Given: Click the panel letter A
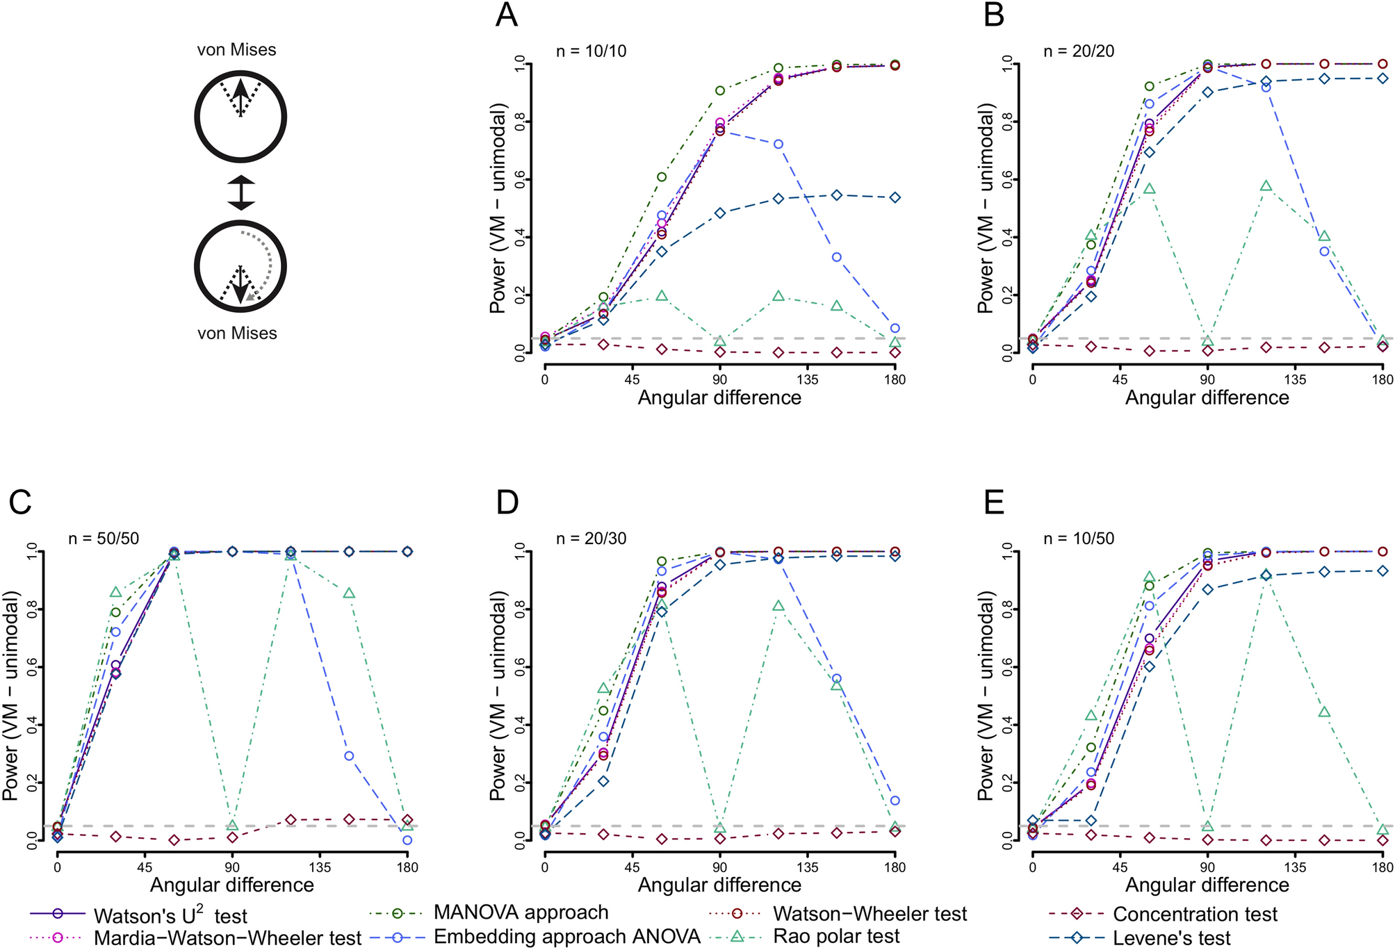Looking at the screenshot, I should point(507,15).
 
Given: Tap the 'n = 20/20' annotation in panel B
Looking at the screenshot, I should point(1079,51).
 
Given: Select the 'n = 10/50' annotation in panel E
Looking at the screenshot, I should point(1079,539).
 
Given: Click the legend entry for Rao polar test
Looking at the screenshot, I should point(836,936).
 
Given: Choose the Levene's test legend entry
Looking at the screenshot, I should point(1171,938).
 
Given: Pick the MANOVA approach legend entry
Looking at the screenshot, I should point(521,912).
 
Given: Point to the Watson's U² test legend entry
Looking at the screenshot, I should point(170,916).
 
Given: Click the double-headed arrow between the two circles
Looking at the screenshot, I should point(241,193).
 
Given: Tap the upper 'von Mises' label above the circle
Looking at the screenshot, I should point(236,50).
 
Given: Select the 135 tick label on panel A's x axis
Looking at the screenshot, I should point(808,379).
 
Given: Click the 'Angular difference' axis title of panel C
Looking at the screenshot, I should point(231,885).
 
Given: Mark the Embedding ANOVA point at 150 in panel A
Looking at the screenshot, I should point(837,257).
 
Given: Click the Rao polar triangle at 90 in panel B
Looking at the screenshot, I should point(1208,341).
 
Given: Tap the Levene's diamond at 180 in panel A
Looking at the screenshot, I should point(895,197).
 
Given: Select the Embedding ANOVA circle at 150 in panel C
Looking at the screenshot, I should point(349,755).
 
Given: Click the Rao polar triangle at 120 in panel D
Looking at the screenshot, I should point(778,606).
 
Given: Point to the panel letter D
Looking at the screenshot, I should point(507,502).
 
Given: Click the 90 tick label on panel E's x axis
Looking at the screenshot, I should point(1208,867).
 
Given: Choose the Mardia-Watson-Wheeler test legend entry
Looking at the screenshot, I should point(227,937).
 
